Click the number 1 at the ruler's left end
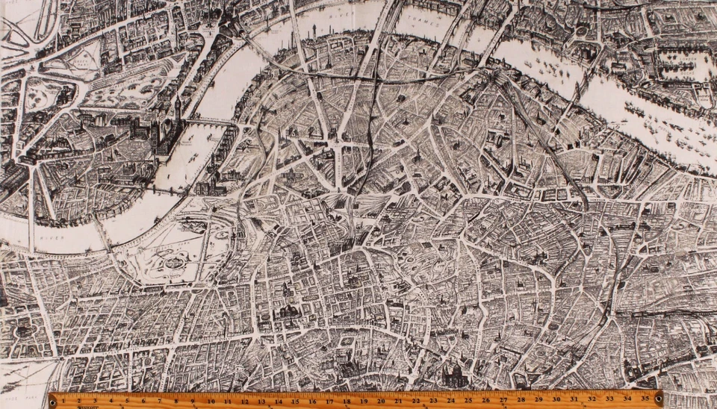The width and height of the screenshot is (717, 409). tap(63, 399)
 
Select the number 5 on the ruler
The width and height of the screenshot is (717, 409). tap(126, 399)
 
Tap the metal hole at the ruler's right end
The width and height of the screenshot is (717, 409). tap(657, 400)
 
